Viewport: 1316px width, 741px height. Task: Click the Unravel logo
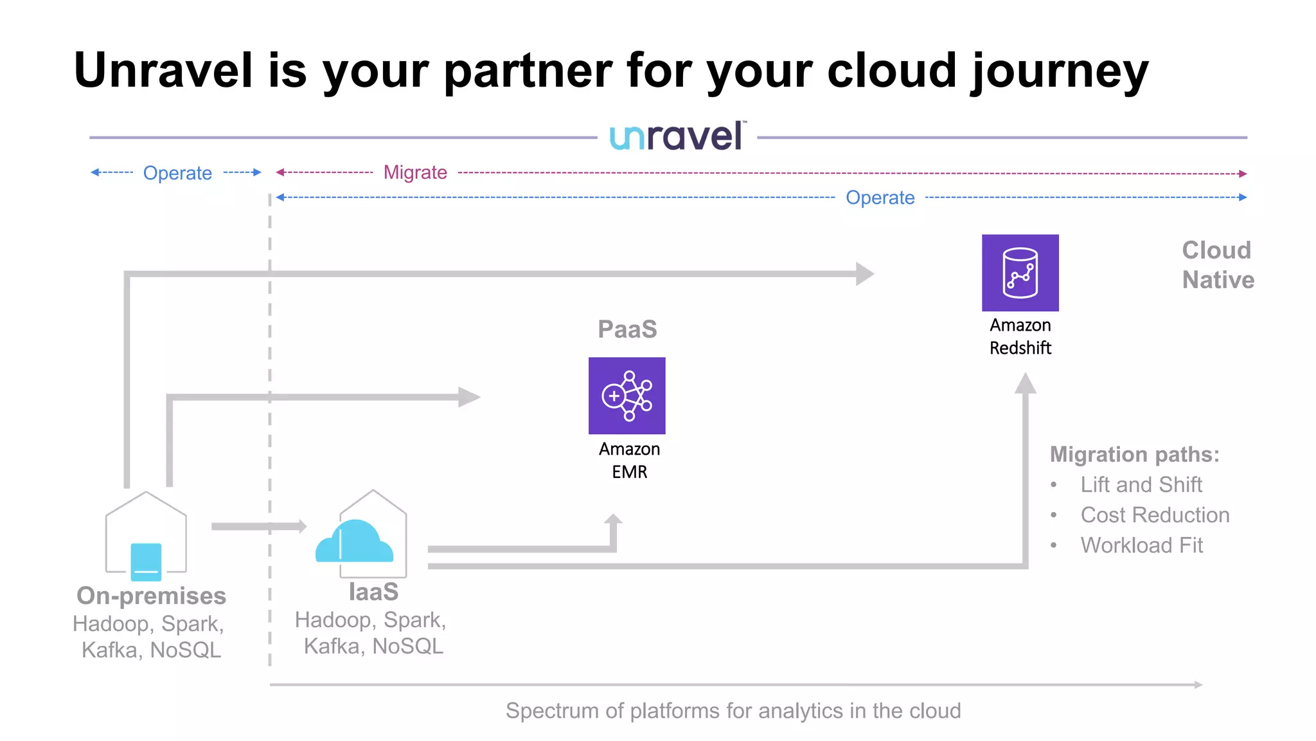(677, 136)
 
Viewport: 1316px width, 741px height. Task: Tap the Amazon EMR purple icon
(627, 396)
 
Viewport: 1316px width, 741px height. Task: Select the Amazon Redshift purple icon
(1020, 273)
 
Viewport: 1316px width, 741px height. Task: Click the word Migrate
(415, 172)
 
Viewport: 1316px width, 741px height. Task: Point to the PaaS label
(627, 329)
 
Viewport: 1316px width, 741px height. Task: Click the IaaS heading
(373, 592)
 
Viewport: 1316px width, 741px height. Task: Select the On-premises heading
(151, 596)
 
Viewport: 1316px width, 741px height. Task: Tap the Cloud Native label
(1218, 265)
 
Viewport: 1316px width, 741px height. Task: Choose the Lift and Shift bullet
(1141, 484)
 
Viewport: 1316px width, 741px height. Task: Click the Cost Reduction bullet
(1155, 515)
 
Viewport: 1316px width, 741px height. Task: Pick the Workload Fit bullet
(1141, 545)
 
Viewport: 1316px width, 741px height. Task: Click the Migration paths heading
(1134, 454)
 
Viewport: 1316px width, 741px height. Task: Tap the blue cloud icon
(354, 542)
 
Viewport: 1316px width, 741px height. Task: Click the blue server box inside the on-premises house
(146, 562)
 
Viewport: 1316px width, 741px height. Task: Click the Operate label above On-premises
(177, 173)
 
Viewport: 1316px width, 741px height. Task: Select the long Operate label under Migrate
(880, 197)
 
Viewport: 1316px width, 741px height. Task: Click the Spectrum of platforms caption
(733, 710)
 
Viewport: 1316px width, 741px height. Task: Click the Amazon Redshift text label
(1020, 336)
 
